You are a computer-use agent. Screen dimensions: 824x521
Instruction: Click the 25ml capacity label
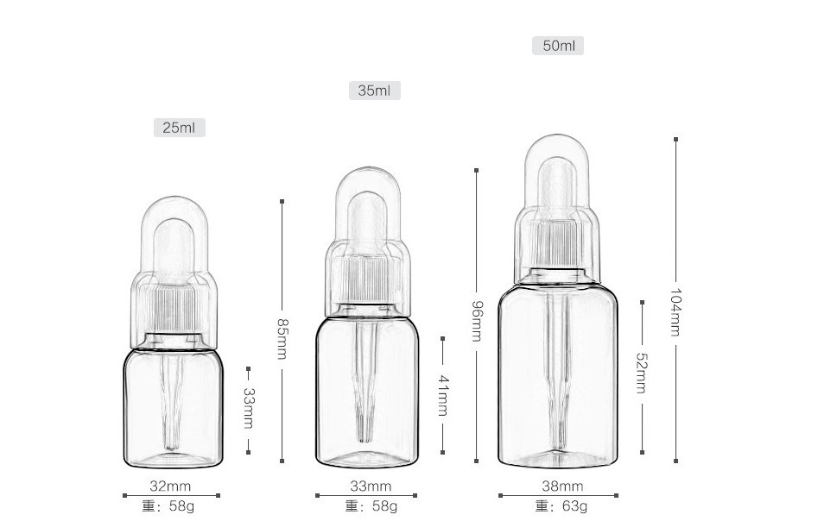[179, 128]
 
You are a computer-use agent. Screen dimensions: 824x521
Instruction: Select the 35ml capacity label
[374, 91]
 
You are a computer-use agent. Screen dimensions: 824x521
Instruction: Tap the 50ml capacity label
[558, 46]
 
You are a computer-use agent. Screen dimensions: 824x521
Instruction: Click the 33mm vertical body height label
[249, 408]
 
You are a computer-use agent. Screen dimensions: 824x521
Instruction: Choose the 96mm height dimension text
[477, 321]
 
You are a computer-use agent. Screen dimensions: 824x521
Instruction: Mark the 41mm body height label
[443, 395]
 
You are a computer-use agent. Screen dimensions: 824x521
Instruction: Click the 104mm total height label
[675, 312]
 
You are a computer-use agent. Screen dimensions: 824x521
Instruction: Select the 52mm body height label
[642, 373]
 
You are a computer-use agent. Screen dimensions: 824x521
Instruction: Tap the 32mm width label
[170, 486]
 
